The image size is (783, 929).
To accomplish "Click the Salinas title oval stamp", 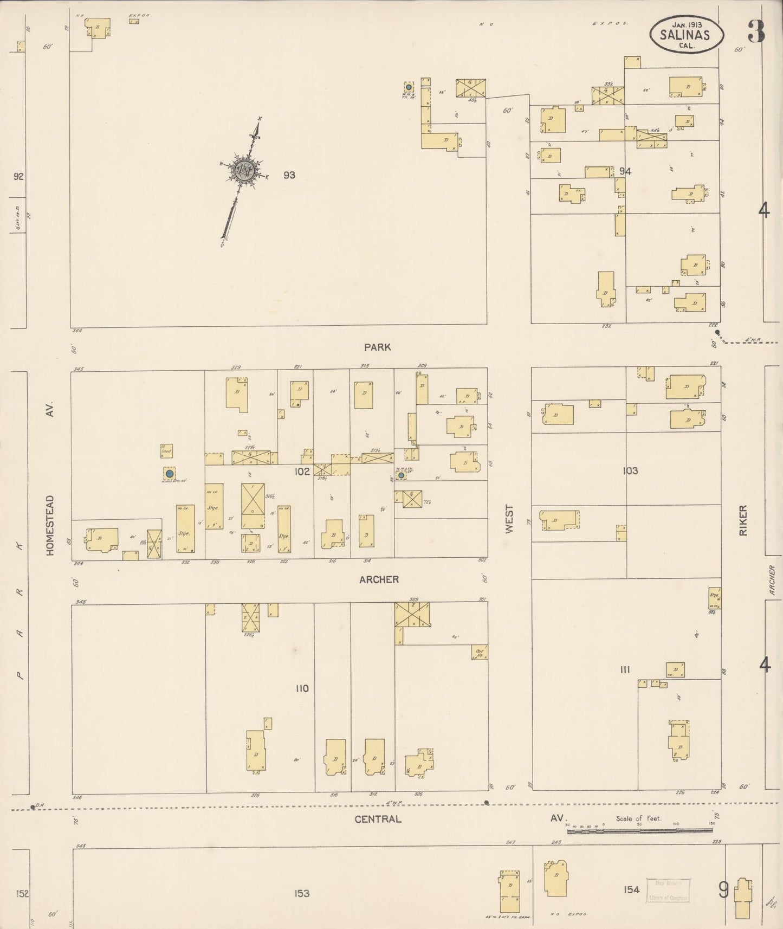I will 687,34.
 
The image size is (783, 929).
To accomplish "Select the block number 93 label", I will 289,175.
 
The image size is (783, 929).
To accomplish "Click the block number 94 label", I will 625,171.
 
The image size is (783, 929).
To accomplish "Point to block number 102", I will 302,471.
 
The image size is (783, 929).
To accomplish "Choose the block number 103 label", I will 630,470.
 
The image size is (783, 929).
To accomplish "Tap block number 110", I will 302,688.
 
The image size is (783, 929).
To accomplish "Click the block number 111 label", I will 625,670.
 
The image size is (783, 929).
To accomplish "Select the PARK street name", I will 378,347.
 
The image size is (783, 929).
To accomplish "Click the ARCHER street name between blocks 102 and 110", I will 379,579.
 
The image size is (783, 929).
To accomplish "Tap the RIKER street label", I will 743,520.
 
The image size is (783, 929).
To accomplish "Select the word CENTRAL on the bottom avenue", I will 378,818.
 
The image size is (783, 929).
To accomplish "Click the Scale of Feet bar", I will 639,830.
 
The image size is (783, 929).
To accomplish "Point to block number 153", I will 302,893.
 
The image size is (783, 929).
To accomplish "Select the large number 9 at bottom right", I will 723,889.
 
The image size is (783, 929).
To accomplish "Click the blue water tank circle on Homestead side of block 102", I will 169,473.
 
